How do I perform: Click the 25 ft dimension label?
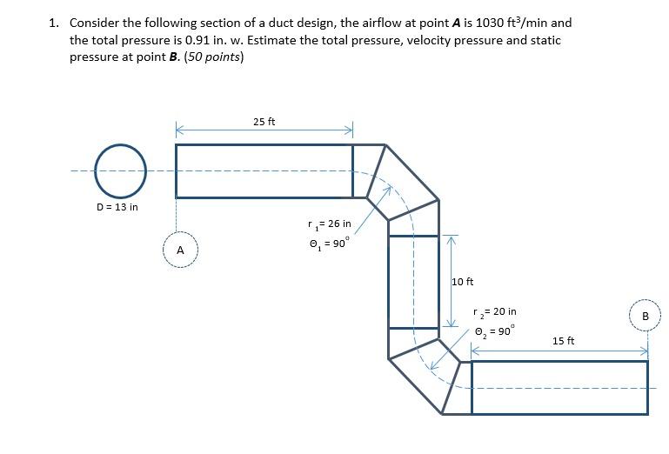coord(264,122)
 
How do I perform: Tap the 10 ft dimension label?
coord(463,282)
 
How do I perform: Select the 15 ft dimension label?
coord(564,340)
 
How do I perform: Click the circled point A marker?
coord(180,250)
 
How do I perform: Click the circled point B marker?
coord(645,316)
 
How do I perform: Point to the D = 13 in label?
coord(117,207)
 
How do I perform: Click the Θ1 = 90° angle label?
coord(328,244)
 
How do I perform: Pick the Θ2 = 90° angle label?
coord(494,330)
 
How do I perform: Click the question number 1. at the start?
coord(54,23)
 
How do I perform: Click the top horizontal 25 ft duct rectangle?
coord(264,170)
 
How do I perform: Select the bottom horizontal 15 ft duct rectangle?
coord(559,387)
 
